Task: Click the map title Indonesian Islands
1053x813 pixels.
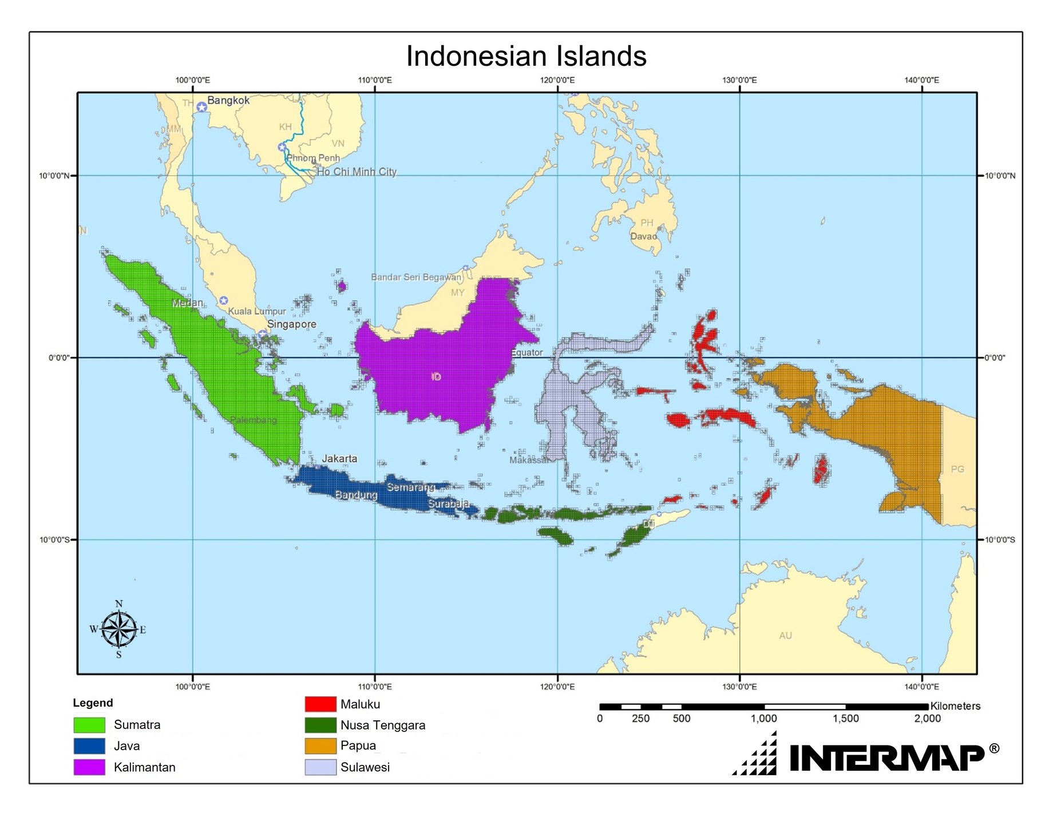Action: coord(526,56)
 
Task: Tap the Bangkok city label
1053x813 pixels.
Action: coord(228,100)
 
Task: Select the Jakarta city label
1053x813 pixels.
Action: coord(339,458)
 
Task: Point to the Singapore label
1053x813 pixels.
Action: coord(291,324)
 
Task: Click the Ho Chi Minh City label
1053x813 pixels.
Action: coord(357,172)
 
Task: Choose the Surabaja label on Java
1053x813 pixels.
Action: coord(448,503)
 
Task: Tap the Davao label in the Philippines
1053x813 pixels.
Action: coord(643,236)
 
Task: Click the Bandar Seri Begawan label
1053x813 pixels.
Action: coord(416,277)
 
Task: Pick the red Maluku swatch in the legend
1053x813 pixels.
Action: coord(320,704)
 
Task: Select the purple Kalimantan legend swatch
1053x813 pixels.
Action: coord(89,767)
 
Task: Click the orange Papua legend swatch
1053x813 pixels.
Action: coord(320,745)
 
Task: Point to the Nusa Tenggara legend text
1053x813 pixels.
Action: coord(383,725)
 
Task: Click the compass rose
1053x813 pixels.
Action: coord(119,629)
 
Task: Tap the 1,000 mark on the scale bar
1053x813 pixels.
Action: coord(764,718)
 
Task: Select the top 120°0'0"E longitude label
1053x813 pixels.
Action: coord(557,80)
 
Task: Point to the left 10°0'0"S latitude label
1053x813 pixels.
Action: coord(55,540)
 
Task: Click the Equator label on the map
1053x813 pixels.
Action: coord(526,352)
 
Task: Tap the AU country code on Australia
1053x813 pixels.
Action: coord(785,636)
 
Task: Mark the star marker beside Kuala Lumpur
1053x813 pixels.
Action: coord(224,300)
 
